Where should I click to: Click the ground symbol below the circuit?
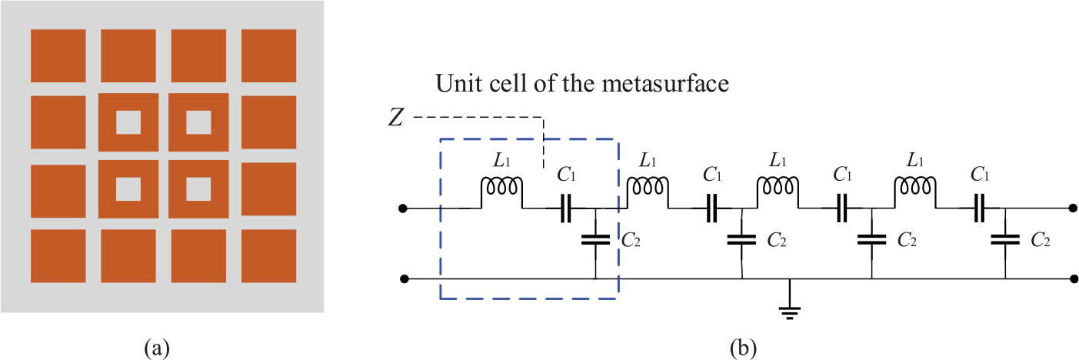tap(790, 313)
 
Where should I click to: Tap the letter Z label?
tap(395, 117)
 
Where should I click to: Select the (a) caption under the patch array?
tap(157, 348)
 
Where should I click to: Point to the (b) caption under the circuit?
tap(743, 348)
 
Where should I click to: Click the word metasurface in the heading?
tap(665, 83)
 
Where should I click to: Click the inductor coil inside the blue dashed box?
tap(501, 187)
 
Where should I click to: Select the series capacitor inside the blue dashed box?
tap(565, 208)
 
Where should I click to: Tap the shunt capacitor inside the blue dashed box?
tap(595, 239)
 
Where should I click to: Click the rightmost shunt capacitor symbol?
tap(1005, 239)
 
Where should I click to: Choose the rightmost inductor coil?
tap(915, 187)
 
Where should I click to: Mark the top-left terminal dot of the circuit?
tap(403, 208)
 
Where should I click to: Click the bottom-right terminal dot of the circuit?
tap(1074, 279)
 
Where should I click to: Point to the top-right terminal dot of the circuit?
tap(1073, 208)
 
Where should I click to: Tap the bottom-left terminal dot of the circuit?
tap(404, 279)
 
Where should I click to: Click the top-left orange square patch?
tap(58, 56)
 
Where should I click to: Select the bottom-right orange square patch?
tap(268, 256)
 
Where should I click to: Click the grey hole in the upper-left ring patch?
tap(128, 122)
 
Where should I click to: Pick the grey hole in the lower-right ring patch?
tap(198, 189)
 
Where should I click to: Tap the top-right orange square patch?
tap(268, 56)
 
